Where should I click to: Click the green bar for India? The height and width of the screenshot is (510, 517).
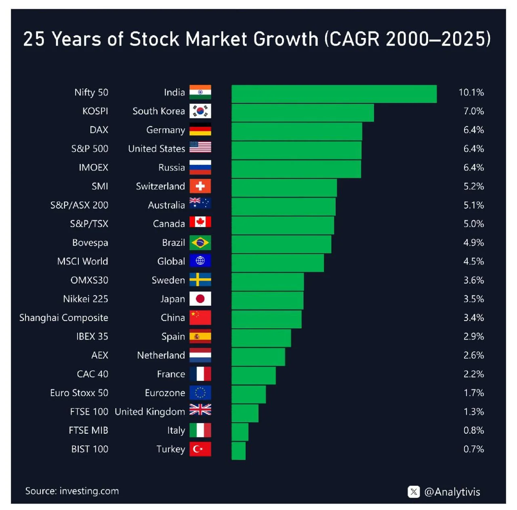(x=334, y=94)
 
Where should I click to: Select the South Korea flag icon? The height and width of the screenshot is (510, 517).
(x=200, y=111)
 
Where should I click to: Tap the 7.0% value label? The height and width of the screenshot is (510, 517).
(x=473, y=111)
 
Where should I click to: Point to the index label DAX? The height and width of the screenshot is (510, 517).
(x=99, y=130)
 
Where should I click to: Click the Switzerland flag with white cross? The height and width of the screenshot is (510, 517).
(x=200, y=186)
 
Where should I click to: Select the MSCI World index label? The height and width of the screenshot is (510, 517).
(x=82, y=261)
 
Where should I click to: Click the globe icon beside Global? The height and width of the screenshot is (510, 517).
(x=200, y=261)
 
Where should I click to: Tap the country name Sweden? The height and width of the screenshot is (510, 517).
(x=168, y=280)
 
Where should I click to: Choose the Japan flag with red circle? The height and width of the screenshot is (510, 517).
(x=200, y=299)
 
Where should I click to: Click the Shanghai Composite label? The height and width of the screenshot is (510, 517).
(x=64, y=318)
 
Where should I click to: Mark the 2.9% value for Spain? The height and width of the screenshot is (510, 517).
(x=473, y=336)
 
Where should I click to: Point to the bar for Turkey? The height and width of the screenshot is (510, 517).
(x=238, y=451)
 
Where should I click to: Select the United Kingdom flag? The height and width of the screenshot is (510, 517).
(x=200, y=410)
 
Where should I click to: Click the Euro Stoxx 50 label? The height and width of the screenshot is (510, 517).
(x=79, y=393)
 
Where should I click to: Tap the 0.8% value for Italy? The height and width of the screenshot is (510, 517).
(x=473, y=430)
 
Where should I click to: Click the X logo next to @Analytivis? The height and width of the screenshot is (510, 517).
(x=414, y=491)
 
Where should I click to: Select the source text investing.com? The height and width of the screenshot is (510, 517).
(x=89, y=491)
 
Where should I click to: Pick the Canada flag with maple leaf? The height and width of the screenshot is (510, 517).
(x=200, y=222)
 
